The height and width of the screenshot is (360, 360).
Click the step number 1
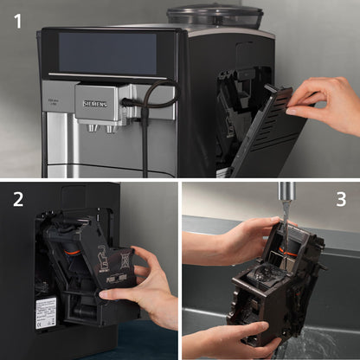coord(18,21)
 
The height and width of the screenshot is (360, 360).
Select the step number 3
coord(340,200)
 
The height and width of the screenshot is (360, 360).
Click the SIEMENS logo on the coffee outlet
coord(94,102)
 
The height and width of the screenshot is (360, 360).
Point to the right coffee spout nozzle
coord(110,129)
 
